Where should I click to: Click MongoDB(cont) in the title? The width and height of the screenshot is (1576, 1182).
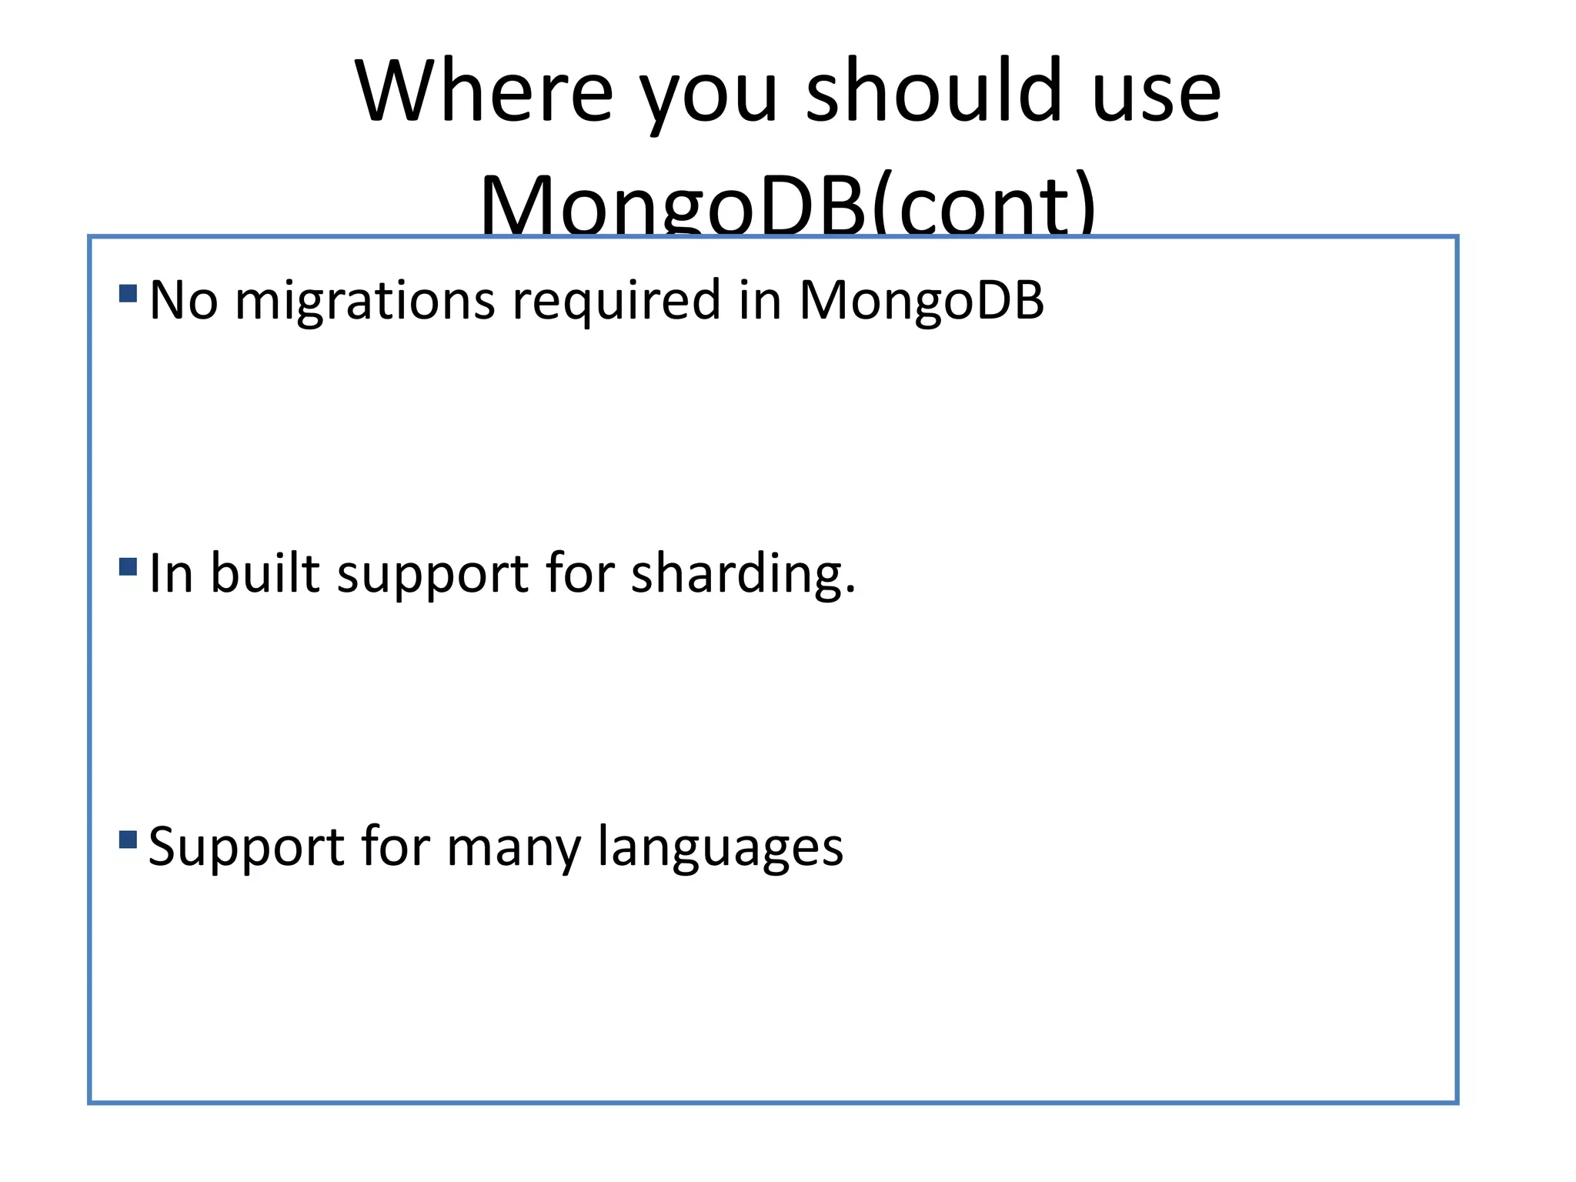click(x=787, y=204)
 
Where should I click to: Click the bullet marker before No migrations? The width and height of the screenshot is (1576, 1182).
click(x=129, y=293)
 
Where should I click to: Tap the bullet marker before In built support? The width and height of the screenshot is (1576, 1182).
click(x=129, y=567)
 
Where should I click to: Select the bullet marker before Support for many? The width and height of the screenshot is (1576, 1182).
click(x=129, y=839)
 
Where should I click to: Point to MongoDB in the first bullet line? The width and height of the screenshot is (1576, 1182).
click(x=921, y=300)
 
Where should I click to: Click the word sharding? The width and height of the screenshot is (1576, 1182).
click(x=743, y=575)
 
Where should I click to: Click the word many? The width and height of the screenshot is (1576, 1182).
click(x=513, y=848)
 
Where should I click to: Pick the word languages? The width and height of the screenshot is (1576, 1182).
click(x=720, y=848)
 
